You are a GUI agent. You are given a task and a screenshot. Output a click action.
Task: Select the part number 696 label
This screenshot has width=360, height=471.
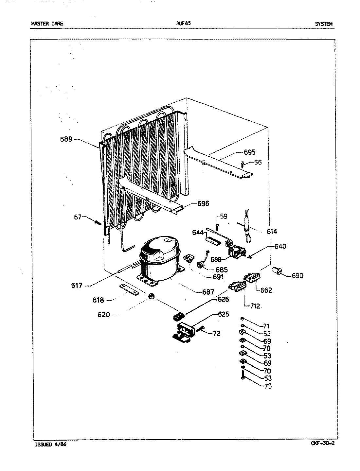[x=203, y=204]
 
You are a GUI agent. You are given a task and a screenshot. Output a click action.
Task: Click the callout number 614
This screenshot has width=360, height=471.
[x=272, y=232]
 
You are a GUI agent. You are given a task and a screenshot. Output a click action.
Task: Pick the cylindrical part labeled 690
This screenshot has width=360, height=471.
[x=277, y=270]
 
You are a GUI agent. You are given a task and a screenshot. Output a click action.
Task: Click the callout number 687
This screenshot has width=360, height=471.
[x=208, y=292]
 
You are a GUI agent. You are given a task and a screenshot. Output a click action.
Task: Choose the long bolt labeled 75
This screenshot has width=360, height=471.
[x=243, y=376]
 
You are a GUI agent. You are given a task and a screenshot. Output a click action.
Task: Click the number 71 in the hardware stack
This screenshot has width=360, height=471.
[x=266, y=326]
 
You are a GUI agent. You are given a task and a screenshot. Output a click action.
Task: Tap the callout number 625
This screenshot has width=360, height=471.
[x=224, y=314]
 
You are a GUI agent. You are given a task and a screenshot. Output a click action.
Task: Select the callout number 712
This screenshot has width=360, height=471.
[x=255, y=306]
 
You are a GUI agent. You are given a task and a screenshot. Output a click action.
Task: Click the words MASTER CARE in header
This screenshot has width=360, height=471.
[x=47, y=24]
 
